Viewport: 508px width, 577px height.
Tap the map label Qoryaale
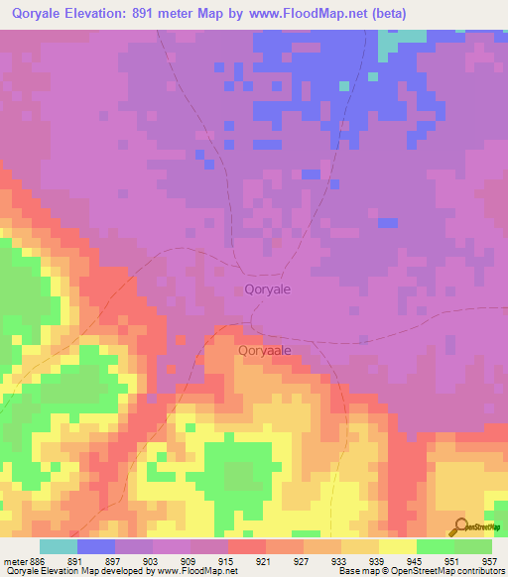point(264,350)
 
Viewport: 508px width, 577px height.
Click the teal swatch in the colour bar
point(59,546)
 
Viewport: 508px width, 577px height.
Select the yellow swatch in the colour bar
point(397,546)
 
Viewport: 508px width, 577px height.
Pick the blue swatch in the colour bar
point(96,546)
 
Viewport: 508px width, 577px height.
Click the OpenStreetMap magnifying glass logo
point(462,525)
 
